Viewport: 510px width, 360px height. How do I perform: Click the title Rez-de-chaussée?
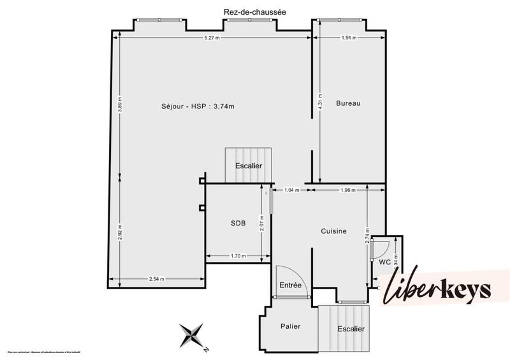tap(245, 11)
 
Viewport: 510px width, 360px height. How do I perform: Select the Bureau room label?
tap(348, 103)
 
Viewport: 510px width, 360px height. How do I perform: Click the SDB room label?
tap(237, 223)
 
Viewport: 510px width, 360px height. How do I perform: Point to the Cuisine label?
tap(333, 231)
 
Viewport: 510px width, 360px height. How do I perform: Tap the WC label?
tap(384, 262)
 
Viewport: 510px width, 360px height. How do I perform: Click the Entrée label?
tap(291, 285)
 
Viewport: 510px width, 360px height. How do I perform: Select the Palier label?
tap(290, 326)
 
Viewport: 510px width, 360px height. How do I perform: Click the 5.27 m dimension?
tap(212, 38)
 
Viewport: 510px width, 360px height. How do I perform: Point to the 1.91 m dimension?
tap(349, 38)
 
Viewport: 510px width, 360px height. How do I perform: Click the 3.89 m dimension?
tap(119, 103)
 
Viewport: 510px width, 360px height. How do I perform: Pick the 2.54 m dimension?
tap(157, 278)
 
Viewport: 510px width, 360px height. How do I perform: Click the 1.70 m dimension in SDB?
tap(238, 256)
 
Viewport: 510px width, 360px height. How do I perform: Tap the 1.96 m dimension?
tap(348, 190)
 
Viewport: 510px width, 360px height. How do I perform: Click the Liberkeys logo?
tap(437, 290)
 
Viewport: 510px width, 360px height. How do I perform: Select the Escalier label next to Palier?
tap(351, 329)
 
